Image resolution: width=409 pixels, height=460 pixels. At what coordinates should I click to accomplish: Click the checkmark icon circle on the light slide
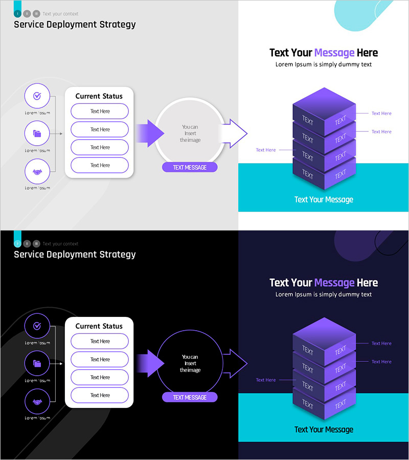point(37,96)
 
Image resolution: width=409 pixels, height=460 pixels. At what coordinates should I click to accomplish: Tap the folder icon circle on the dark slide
point(37,364)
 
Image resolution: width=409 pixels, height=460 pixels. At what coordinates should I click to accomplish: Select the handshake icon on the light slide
point(37,172)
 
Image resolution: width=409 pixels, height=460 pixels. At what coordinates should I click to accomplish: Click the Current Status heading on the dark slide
point(99,326)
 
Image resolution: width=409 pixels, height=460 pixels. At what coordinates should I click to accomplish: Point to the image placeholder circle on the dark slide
point(190,363)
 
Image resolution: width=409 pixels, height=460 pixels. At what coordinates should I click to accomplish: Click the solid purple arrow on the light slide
point(149,134)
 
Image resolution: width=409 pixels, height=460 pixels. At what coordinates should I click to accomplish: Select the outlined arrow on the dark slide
point(235,363)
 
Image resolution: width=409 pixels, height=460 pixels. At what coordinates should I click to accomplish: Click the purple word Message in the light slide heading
point(334,53)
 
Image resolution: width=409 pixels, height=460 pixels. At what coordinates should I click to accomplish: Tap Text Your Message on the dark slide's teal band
point(324,429)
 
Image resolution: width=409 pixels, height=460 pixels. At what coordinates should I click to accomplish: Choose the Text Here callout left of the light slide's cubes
point(266,150)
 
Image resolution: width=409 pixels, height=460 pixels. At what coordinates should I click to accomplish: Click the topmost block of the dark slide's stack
point(324,334)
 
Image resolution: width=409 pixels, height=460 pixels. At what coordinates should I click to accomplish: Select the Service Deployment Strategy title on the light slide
point(75,24)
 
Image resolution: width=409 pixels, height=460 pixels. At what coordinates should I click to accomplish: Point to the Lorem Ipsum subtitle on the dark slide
point(324,294)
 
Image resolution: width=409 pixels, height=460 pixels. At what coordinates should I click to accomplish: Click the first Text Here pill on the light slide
point(100,111)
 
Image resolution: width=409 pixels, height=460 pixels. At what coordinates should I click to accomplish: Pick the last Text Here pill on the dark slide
point(100,395)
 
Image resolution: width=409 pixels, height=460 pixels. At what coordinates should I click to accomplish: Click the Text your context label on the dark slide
point(60,244)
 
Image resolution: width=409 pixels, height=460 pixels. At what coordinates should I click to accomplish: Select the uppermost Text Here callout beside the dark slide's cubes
point(381,343)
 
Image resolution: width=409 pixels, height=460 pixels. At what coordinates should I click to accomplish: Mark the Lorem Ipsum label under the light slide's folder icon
point(37,151)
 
